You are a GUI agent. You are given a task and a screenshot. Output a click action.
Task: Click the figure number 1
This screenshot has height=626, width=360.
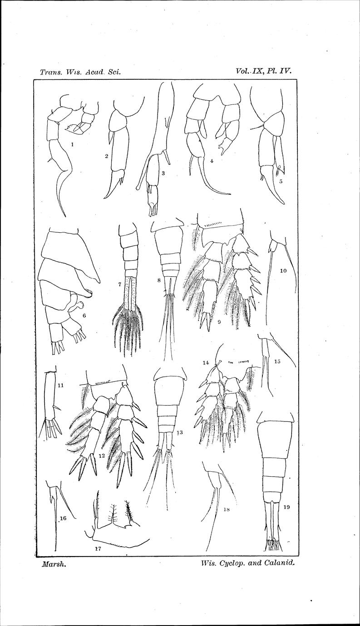click(x=73, y=145)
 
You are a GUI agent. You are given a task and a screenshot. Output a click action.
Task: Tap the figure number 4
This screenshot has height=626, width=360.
click(x=212, y=161)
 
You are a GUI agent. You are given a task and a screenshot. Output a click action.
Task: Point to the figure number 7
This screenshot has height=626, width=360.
click(x=119, y=284)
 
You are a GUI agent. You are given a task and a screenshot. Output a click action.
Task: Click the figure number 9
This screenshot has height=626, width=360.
click(x=219, y=322)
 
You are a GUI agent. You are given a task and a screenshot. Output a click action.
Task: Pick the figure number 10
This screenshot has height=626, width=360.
click(x=283, y=270)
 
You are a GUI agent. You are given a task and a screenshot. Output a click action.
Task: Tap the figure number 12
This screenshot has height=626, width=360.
click(x=102, y=455)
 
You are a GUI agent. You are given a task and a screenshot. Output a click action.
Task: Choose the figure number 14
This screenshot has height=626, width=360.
click(x=206, y=363)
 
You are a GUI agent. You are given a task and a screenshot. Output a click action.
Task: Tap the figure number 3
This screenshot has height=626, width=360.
click(x=163, y=173)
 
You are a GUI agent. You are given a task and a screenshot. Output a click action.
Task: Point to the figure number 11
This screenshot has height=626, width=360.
click(x=60, y=386)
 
